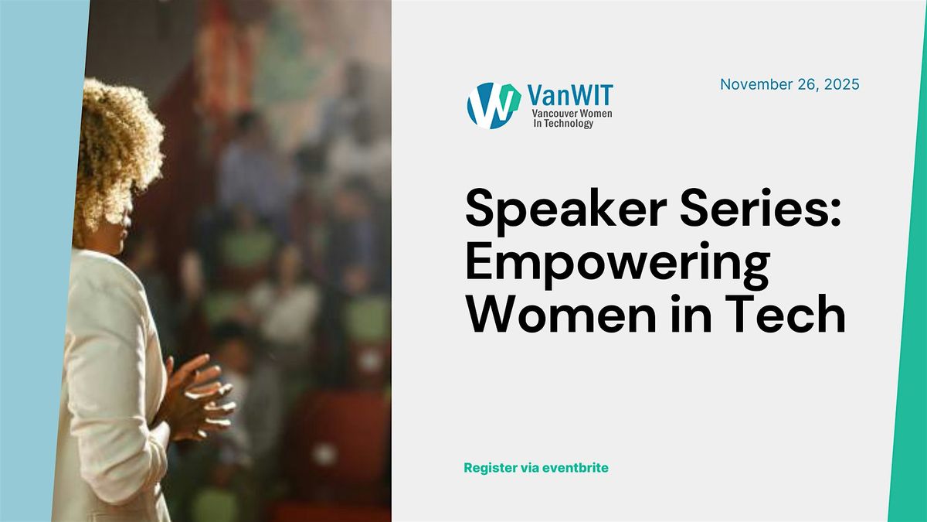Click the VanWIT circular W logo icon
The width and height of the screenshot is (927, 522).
[x=494, y=105]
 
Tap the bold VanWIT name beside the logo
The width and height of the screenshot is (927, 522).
[x=569, y=94]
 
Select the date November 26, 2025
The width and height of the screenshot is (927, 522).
[x=789, y=84]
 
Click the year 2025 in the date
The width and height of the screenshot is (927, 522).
[x=841, y=84]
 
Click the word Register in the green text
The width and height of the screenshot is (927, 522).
[x=489, y=468]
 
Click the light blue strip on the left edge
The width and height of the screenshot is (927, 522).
[x=31, y=309]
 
